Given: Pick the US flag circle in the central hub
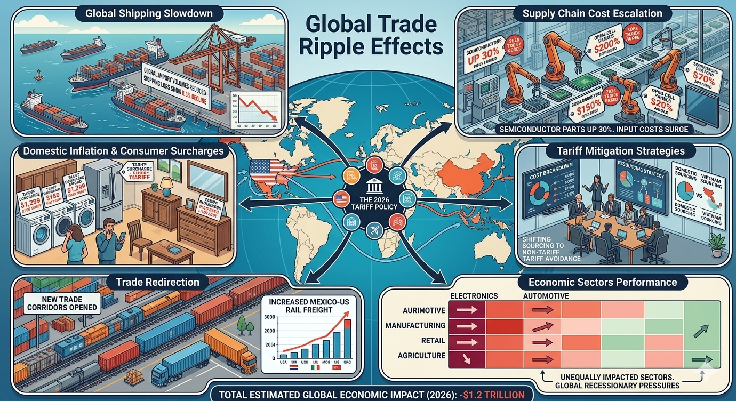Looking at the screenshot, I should [340, 200].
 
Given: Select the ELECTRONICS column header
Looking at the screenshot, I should [474, 295].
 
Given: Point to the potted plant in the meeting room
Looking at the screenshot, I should [718, 242].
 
